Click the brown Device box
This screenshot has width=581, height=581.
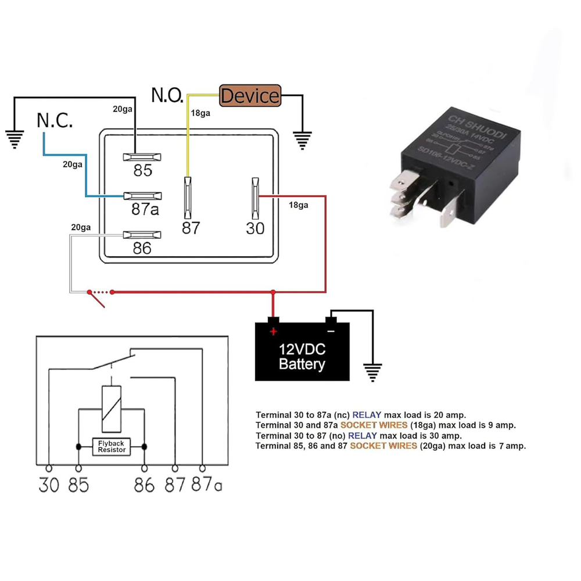(x=250, y=95)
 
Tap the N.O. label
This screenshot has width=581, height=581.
(x=167, y=95)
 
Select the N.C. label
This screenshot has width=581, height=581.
(x=55, y=121)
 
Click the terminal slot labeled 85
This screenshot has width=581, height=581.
(x=141, y=157)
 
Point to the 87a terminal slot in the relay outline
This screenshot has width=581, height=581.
(x=141, y=196)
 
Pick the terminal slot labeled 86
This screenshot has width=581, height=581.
(x=141, y=235)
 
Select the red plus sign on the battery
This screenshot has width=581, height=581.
(x=273, y=331)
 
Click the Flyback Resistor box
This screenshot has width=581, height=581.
(x=111, y=446)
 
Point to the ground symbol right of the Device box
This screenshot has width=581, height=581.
(x=302, y=139)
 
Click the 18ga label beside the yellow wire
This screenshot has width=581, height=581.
(x=201, y=113)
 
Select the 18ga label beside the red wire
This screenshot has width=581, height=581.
(x=298, y=205)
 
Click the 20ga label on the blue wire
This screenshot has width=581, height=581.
(x=73, y=164)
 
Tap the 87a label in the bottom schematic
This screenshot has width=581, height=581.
(x=206, y=483)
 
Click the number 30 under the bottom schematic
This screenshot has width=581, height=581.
(x=49, y=484)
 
